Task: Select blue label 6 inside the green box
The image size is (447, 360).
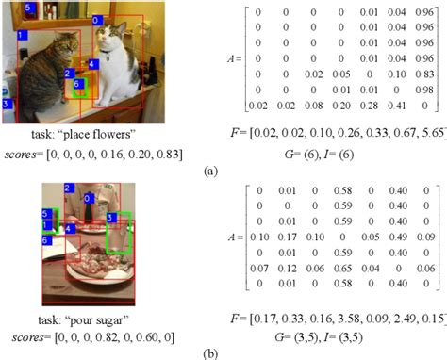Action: point(78,83)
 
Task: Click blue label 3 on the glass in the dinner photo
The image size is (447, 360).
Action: point(111,218)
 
